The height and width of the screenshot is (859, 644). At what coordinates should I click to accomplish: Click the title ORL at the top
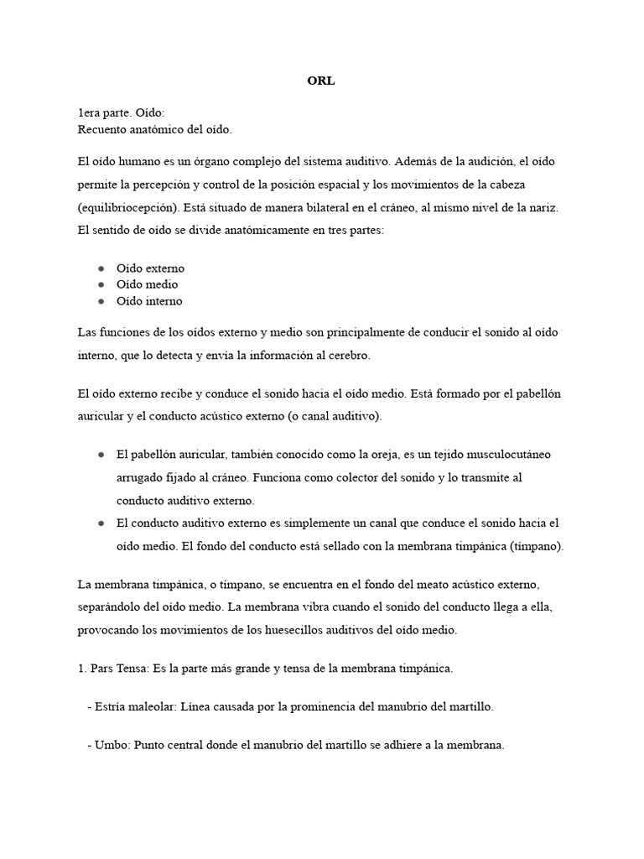point(322,82)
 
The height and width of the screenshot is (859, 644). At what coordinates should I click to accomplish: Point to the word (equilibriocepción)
point(126,206)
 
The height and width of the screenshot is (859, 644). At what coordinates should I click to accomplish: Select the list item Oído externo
point(150,268)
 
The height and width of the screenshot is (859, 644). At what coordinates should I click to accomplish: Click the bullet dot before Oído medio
point(101,285)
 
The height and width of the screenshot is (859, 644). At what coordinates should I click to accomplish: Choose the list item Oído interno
point(149,301)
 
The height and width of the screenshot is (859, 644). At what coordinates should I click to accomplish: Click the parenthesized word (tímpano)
point(537,545)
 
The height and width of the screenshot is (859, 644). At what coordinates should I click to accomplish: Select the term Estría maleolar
point(133,706)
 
